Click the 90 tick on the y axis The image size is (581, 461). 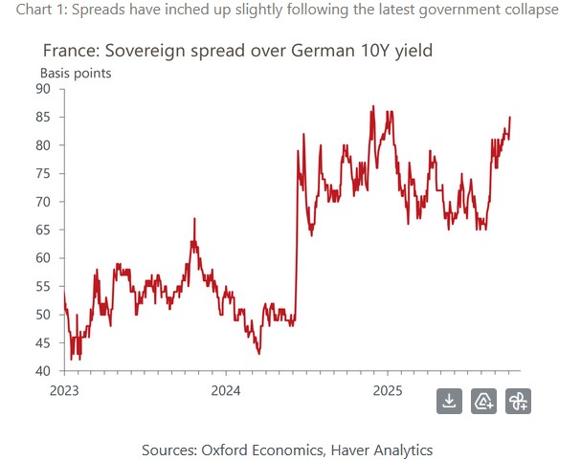(x=50, y=89)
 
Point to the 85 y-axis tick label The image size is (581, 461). (x=50, y=117)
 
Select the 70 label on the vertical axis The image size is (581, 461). (x=50, y=202)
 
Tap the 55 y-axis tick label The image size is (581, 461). (x=50, y=286)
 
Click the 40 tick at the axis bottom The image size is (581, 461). (x=50, y=371)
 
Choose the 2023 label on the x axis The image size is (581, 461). (x=64, y=389)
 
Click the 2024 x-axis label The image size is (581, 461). (x=226, y=389)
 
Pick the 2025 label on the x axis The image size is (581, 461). (x=388, y=389)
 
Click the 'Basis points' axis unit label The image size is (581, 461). (x=76, y=73)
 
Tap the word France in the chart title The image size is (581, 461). (x=69, y=51)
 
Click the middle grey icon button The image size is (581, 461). (x=483, y=401)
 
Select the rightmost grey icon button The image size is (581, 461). (x=518, y=401)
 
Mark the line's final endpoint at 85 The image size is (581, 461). (x=510, y=118)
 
